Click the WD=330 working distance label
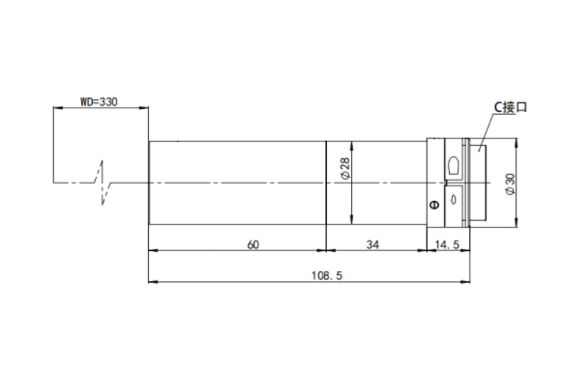pyautogui.click(x=99, y=102)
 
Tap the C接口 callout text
pyautogui.click(x=510, y=107)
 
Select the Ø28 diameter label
pyautogui.click(x=345, y=168)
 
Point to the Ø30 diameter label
pyautogui.click(x=510, y=184)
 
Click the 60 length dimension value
pyautogui.click(x=252, y=245)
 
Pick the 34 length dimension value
pyautogui.click(x=372, y=245)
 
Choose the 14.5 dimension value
pyautogui.click(x=447, y=245)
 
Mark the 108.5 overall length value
pyautogui.click(x=327, y=275)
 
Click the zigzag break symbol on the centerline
pyautogui.click(x=104, y=183)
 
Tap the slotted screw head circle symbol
pyautogui.click(x=434, y=205)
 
